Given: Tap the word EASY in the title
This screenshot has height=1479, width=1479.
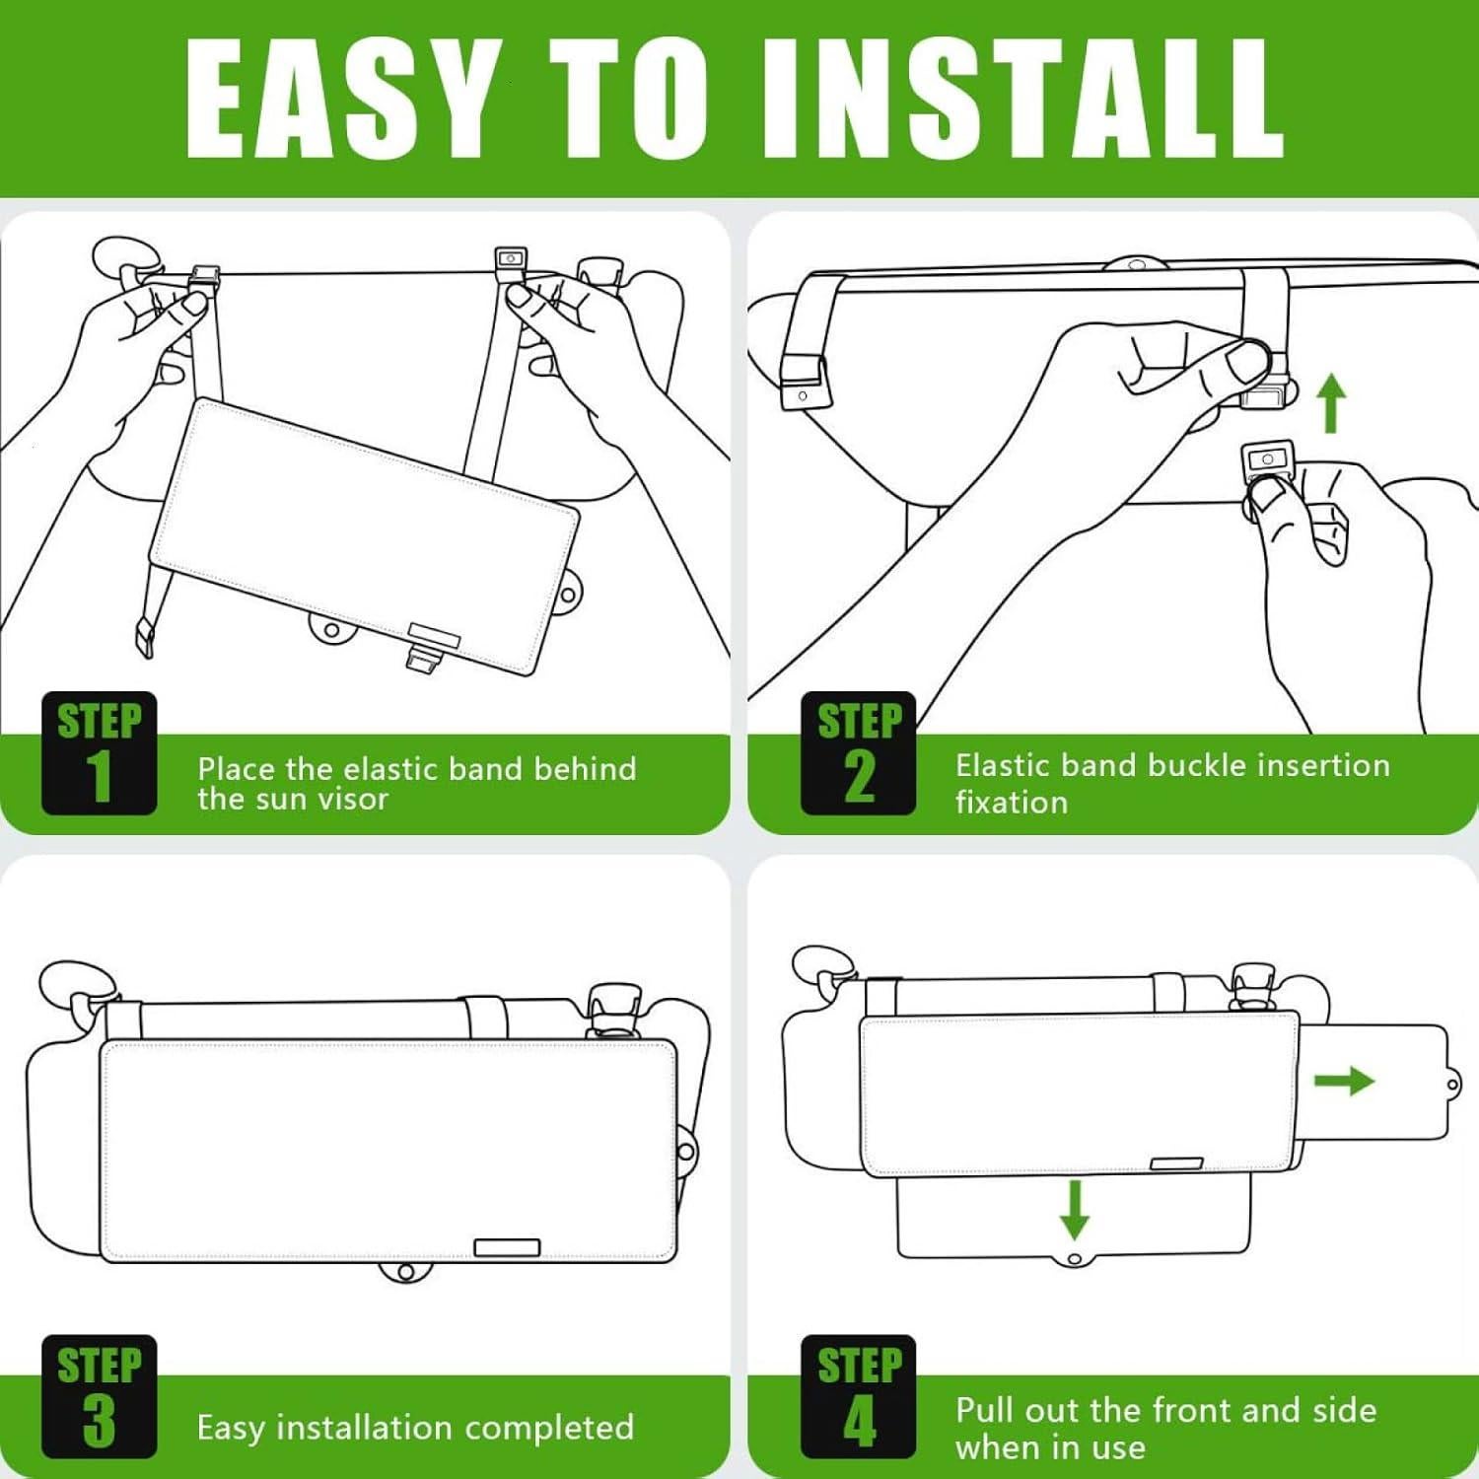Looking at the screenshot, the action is pyautogui.click(x=341, y=99).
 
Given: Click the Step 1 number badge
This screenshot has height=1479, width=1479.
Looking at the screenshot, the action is pyautogui.click(x=99, y=753).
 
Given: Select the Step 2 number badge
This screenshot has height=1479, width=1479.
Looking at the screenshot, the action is pyautogui.click(x=859, y=753).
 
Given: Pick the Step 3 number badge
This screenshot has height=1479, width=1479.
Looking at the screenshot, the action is pyautogui.click(x=99, y=1396).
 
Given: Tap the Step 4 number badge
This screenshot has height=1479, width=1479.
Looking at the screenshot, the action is pyautogui.click(x=859, y=1396).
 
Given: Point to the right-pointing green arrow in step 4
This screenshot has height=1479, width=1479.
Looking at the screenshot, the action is pyautogui.click(x=1345, y=1081).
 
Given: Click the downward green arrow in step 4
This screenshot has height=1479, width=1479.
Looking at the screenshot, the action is pyautogui.click(x=1075, y=1210).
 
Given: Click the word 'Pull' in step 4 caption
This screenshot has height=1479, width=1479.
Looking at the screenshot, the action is pyautogui.click(x=986, y=1410).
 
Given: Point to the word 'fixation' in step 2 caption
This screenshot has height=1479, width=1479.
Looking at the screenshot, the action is pyautogui.click(x=1012, y=803).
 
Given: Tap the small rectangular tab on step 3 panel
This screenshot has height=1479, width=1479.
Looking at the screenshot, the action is pyautogui.click(x=507, y=1247).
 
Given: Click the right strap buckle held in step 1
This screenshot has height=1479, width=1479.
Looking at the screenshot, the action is pyautogui.click(x=511, y=261).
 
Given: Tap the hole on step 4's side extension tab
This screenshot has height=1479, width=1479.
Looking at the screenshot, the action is pyautogui.click(x=1453, y=1086).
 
